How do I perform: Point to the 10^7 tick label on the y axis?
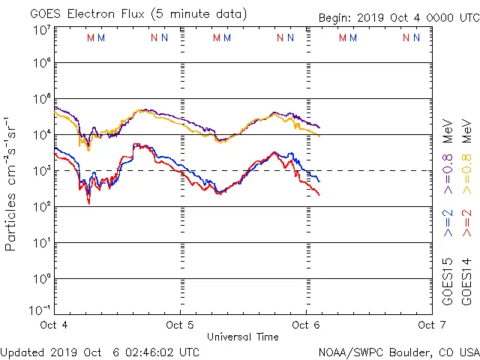(x=42, y=31)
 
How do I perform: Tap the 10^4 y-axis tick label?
(x=42, y=135)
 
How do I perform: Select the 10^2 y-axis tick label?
(x=42, y=207)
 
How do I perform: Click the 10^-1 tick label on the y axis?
(x=42, y=310)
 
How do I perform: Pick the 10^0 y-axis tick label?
(x=42, y=279)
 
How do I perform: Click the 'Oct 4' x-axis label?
(x=54, y=325)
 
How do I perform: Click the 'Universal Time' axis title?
(x=242, y=337)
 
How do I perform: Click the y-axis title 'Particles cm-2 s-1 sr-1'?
(x=11, y=184)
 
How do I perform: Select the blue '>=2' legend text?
(x=448, y=223)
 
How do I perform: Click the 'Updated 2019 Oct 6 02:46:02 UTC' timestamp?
(x=100, y=352)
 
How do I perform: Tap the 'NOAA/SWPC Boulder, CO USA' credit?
(x=398, y=352)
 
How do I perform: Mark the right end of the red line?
(x=319, y=195)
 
